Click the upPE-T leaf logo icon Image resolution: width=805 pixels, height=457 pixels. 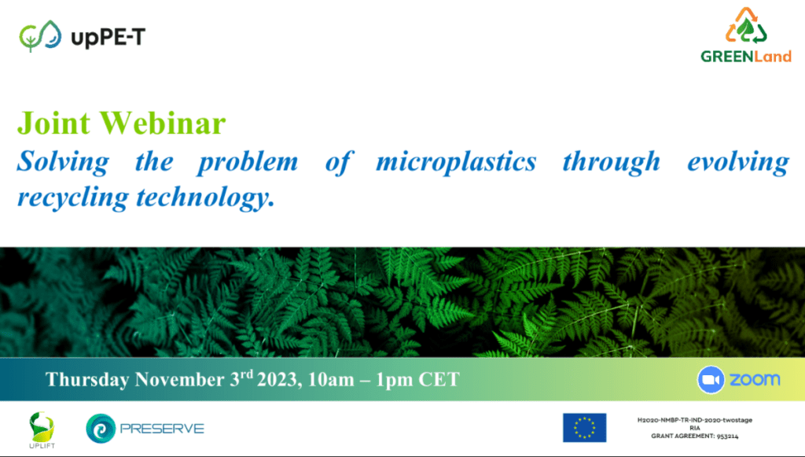[40, 36]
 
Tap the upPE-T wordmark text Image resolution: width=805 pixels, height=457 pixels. [108, 38]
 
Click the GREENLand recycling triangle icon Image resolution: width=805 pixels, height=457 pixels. [746, 26]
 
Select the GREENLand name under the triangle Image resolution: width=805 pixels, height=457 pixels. [746, 56]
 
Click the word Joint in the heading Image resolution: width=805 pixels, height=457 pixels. [54, 123]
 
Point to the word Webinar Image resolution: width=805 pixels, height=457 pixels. [163, 123]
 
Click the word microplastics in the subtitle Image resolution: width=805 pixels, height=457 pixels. [457, 161]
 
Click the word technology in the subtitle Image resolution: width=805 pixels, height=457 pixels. [204, 198]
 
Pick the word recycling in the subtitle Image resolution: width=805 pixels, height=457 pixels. [72, 198]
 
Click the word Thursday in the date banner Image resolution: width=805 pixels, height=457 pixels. [87, 379]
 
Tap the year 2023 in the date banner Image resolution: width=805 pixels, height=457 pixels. [278, 379]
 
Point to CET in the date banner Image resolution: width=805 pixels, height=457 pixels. [439, 379]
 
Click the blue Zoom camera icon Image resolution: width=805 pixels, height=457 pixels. [711, 380]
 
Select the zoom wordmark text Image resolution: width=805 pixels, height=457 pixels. [755, 380]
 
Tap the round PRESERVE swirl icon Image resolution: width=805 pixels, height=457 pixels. [101, 428]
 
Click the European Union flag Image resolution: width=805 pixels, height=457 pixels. [584, 428]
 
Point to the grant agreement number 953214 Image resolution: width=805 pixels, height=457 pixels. [727, 437]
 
